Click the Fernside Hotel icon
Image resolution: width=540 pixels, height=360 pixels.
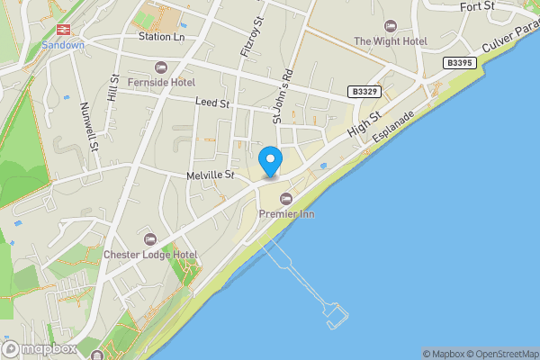(161, 67)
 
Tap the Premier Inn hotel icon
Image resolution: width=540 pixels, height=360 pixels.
(286, 198)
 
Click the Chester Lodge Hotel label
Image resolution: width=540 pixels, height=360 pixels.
(150, 255)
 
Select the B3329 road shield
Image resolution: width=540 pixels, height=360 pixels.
(364, 92)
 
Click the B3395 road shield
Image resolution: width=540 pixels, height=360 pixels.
(460, 63)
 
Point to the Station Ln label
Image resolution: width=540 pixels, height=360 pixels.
(161, 37)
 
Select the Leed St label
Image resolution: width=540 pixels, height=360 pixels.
(212, 104)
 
